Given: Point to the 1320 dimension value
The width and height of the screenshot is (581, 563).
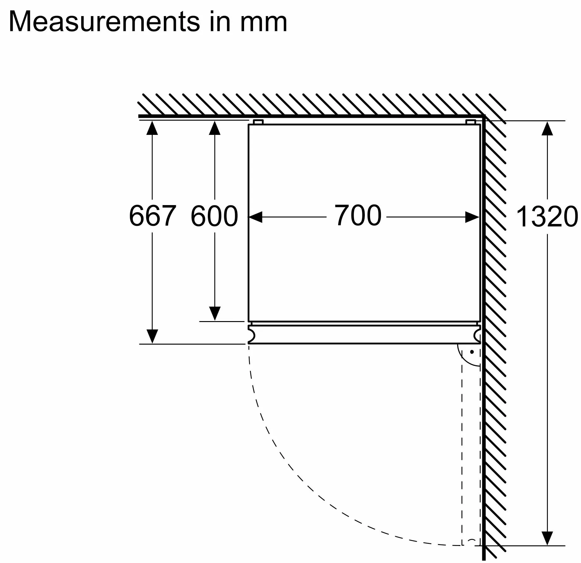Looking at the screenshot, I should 546,217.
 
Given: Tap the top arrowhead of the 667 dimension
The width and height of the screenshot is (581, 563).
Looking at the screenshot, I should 152,128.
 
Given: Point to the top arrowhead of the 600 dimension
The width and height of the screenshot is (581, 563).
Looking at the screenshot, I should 214,128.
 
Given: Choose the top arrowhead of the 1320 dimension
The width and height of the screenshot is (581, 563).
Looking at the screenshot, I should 547,129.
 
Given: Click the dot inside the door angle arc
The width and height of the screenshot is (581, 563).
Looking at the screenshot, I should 472,352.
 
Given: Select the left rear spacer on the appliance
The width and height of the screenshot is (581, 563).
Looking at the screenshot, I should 258,122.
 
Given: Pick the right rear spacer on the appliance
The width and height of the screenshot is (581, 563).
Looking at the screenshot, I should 470,122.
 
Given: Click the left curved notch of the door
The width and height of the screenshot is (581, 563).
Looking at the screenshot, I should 251,335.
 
